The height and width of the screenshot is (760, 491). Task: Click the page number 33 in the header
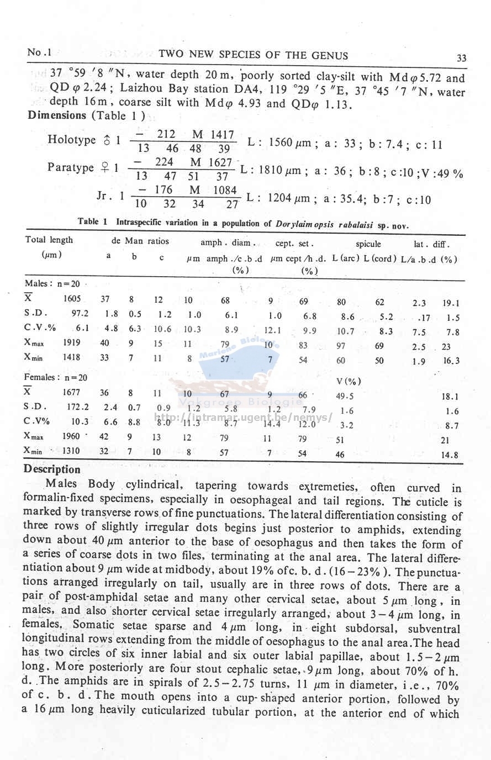click(462, 58)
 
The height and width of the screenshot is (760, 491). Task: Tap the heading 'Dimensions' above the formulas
click(57, 115)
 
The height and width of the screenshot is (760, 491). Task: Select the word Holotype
click(72, 140)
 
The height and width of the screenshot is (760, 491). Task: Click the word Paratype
click(71, 167)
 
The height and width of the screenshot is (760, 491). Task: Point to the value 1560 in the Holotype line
click(280, 143)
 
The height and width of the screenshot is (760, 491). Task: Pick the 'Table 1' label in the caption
click(92, 221)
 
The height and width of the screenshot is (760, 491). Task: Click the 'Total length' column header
click(49, 240)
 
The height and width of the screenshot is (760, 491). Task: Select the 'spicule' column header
click(368, 244)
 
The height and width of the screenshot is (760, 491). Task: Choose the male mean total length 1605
click(72, 299)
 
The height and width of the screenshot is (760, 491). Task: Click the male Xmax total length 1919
click(72, 342)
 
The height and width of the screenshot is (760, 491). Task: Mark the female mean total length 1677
click(71, 393)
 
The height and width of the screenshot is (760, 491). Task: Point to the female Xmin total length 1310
click(71, 451)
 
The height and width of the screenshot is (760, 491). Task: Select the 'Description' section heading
click(52, 469)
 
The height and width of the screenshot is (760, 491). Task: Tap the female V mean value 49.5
click(345, 396)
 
